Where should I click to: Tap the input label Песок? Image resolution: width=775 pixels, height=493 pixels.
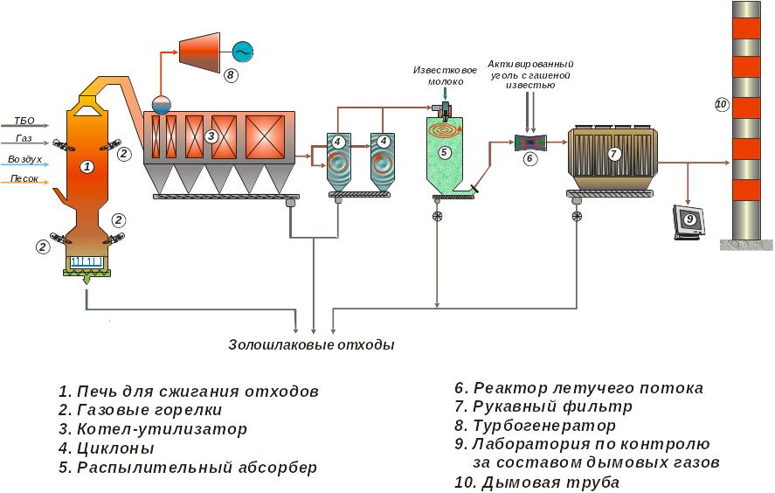pyautogui.click(x=24, y=178)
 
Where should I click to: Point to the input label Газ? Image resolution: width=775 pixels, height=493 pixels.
pyautogui.click(x=24, y=139)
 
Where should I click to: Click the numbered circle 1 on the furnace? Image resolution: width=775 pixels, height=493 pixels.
pyautogui.click(x=86, y=166)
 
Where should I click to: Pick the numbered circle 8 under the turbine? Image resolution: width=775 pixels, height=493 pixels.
pyautogui.click(x=231, y=75)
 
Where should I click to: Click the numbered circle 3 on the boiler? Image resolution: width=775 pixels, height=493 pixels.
pyautogui.click(x=211, y=136)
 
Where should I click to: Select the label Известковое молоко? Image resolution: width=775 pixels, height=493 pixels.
pyautogui.click(x=446, y=75)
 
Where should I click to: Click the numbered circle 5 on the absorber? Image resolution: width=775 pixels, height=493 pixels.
pyautogui.click(x=444, y=152)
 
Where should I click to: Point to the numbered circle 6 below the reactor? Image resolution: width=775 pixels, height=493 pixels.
pyautogui.click(x=529, y=159)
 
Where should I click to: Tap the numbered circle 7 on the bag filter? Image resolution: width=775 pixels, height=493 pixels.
pyautogui.click(x=613, y=154)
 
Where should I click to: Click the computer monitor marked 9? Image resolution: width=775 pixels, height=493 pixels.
pyautogui.click(x=687, y=221)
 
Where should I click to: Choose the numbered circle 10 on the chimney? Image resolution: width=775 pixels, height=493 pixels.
pyautogui.click(x=721, y=104)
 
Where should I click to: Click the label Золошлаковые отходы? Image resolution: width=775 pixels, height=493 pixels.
pyautogui.click(x=311, y=344)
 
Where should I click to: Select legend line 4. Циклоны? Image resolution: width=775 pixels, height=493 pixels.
pyautogui.click(x=106, y=448)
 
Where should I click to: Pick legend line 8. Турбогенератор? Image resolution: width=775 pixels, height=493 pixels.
pyautogui.click(x=535, y=426)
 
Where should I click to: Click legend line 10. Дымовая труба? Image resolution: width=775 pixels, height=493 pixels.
pyautogui.click(x=536, y=483)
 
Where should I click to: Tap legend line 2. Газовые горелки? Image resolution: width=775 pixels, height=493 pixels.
pyautogui.click(x=140, y=409)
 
